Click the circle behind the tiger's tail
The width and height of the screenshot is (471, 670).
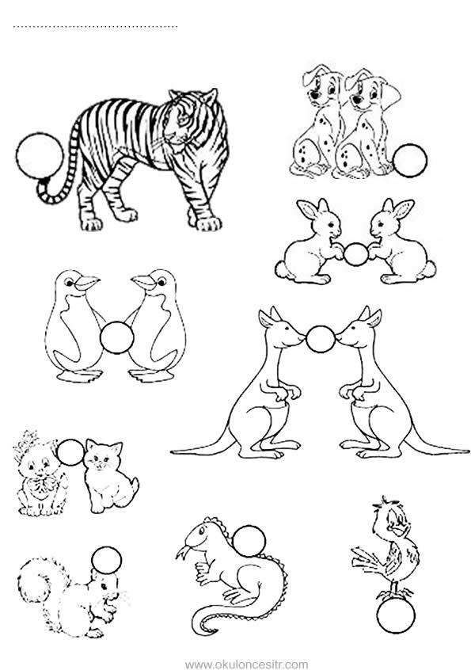(40, 155)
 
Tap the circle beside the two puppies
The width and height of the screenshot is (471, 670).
(410, 160)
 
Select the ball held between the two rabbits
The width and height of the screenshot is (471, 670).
(355, 254)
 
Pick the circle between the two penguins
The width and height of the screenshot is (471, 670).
(117, 337)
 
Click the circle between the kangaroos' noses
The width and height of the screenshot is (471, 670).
(321, 339)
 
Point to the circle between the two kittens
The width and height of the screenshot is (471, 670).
(71, 452)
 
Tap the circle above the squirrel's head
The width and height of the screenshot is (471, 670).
(106, 561)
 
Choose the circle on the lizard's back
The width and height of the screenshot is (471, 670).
(249, 542)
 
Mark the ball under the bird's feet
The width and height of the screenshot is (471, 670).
(396, 615)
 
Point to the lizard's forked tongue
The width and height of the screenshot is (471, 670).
(182, 552)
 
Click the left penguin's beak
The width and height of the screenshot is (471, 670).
(88, 282)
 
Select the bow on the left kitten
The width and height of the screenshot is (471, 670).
(44, 484)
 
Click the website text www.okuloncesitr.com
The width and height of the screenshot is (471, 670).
(246, 664)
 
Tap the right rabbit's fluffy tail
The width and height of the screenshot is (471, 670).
(429, 269)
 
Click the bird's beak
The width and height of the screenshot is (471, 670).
(401, 531)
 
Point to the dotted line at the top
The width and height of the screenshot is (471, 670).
(96, 27)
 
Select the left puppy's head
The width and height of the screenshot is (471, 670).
(322, 85)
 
